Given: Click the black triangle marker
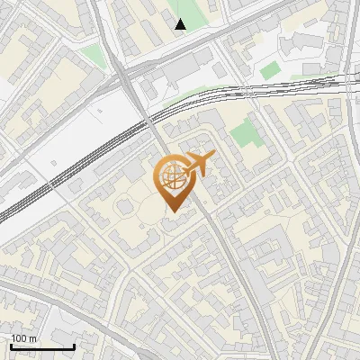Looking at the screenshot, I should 181,24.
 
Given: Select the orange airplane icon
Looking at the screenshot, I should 200,164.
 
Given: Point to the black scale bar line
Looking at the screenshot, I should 42,346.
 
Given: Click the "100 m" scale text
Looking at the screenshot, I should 24,338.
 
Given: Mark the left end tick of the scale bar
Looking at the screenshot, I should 12,345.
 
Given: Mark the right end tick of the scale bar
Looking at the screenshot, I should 74,345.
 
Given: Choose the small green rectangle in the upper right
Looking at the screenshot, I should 271,70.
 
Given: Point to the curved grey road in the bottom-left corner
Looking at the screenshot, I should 36,297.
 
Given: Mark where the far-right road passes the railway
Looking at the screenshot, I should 347,83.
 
